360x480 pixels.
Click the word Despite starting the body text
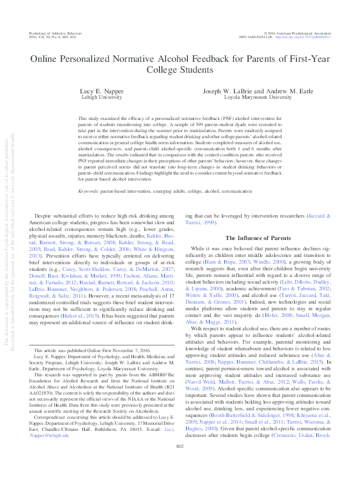[46, 216]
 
